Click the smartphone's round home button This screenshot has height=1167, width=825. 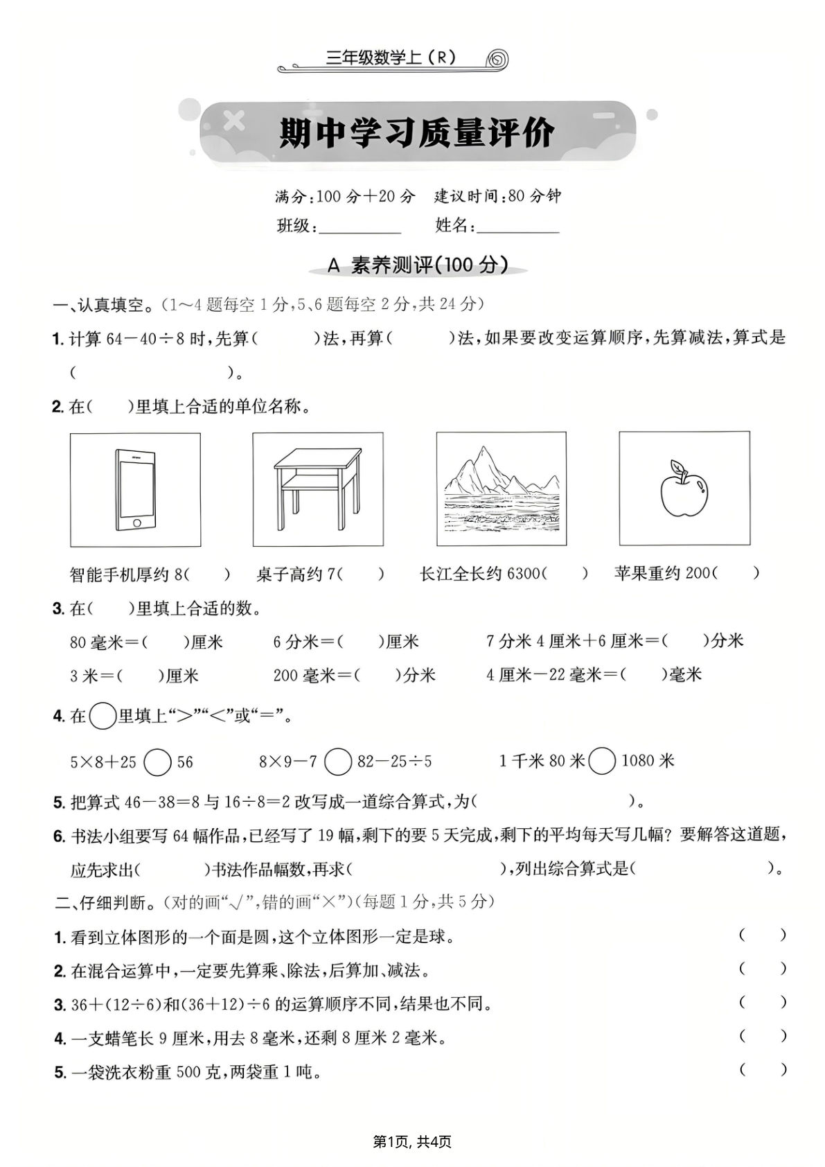pos(136,523)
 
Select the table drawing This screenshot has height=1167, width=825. pos(317,489)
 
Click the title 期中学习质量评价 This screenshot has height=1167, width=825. pos(417,134)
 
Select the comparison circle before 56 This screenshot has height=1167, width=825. pos(158,762)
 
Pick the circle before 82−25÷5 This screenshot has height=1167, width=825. pos(339,762)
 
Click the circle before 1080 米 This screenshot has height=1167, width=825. pos(603,762)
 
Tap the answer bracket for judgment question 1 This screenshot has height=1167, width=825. pos(763,935)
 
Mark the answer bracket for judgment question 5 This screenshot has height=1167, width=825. pos(763,1070)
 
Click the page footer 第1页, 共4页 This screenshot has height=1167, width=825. pos(412,1141)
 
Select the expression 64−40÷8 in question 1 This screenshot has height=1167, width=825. pos(148,339)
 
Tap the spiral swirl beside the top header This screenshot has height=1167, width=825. pos(498,60)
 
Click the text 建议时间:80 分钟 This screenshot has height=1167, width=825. pos(497,196)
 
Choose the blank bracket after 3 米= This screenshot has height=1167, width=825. pos(139,675)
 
